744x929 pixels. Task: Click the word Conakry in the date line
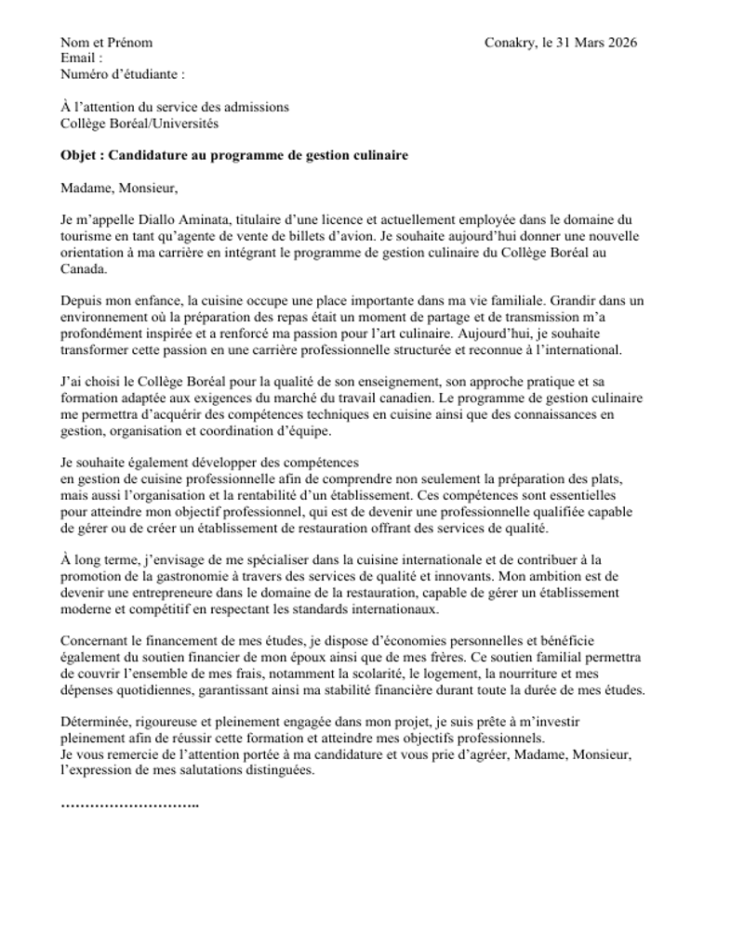tap(509, 43)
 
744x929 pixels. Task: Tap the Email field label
tap(81, 59)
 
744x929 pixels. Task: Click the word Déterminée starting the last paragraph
tap(96, 722)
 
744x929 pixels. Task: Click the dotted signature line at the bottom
tap(129, 804)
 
